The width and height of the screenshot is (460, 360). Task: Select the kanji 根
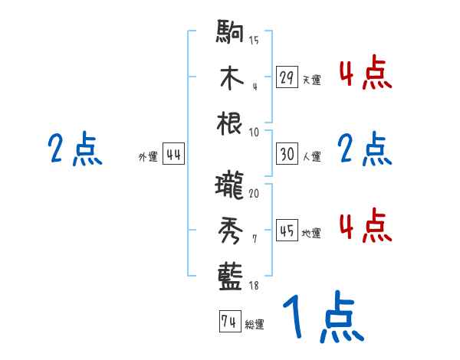(x=231, y=123)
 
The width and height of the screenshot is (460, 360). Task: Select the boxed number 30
(x=287, y=153)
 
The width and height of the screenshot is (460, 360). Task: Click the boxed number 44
(x=173, y=155)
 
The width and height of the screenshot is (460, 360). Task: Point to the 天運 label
(x=310, y=80)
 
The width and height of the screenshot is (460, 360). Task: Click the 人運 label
(x=310, y=156)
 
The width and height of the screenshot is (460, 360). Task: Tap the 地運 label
(x=310, y=233)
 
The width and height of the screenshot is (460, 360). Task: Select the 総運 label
(x=254, y=325)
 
